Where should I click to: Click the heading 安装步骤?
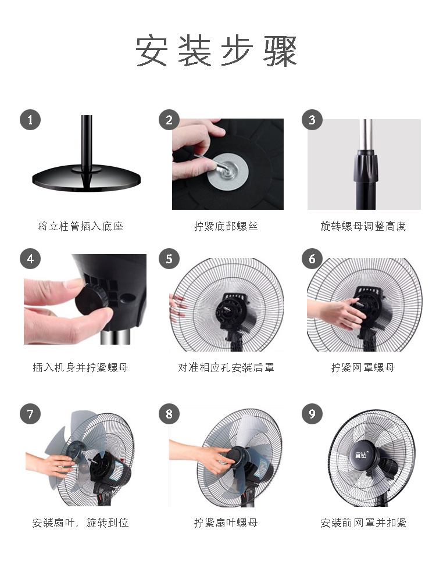click(x=216, y=51)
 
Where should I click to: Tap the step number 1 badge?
click(x=30, y=120)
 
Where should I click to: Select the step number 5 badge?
click(x=169, y=259)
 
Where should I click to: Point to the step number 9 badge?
click(x=312, y=414)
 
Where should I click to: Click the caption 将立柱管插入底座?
click(x=80, y=226)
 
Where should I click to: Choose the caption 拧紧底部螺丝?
click(x=226, y=226)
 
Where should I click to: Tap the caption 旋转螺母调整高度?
click(x=363, y=226)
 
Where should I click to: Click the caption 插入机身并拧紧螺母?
click(x=80, y=367)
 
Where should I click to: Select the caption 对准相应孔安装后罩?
click(x=226, y=367)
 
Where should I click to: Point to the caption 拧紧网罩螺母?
click(x=363, y=367)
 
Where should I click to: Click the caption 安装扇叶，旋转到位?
click(x=80, y=523)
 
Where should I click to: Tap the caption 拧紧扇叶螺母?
click(x=226, y=523)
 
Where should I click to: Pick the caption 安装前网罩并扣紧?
click(x=363, y=523)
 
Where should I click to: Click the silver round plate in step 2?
click(x=228, y=171)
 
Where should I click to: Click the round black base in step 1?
click(x=86, y=178)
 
